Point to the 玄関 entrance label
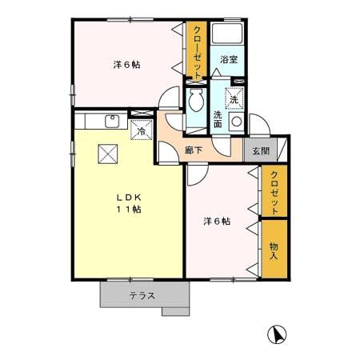coord(259,151)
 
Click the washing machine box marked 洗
coord(234,99)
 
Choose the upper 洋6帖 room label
coord(126,65)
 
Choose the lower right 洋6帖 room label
coord(216,222)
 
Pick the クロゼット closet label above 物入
coord(274,193)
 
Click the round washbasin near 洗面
coord(236,122)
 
